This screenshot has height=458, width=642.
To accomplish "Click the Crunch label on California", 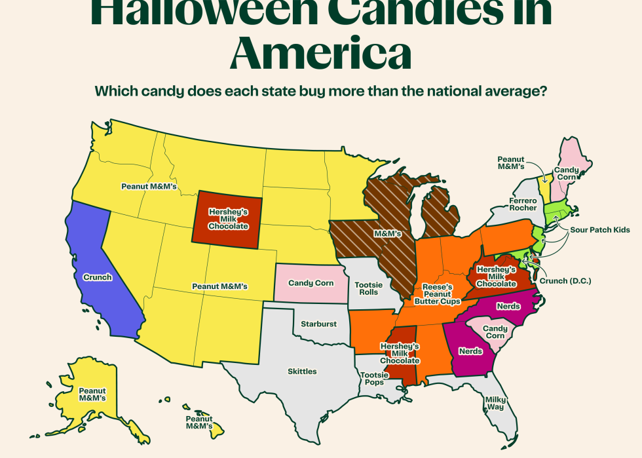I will pyautogui.click(x=98, y=277).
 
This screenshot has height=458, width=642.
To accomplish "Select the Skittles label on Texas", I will pyautogui.click(x=302, y=372).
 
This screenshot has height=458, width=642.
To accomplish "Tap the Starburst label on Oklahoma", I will pyautogui.click(x=318, y=324).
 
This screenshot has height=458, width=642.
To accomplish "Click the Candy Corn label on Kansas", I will pyautogui.click(x=311, y=283).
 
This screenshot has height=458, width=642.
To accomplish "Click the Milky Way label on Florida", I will pyautogui.click(x=495, y=402).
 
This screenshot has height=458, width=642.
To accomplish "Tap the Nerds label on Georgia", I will pyautogui.click(x=470, y=351).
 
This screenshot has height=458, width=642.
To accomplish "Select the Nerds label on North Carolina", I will pyautogui.click(x=508, y=306).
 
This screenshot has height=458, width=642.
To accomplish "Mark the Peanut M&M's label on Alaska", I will pyautogui.click(x=92, y=394).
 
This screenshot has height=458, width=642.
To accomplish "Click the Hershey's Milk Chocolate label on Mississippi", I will pyautogui.click(x=400, y=353).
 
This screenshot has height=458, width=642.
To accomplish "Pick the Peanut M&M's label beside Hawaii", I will pyautogui.click(x=198, y=422).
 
